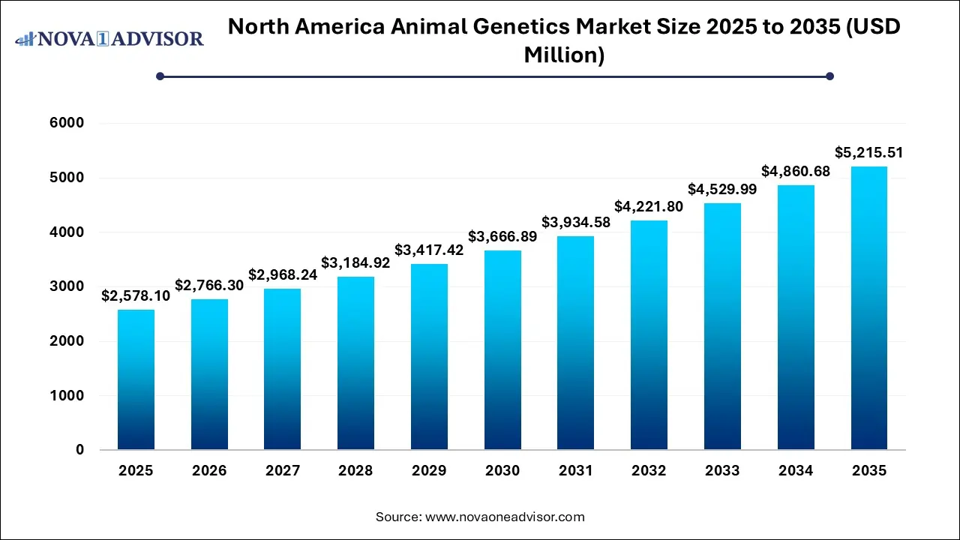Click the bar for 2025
pyautogui.click(x=136, y=379)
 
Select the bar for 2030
pyautogui.click(x=502, y=350)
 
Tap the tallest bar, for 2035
pyautogui.click(x=868, y=308)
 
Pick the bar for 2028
pyautogui.click(x=355, y=363)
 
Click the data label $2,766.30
pyautogui.click(x=209, y=285)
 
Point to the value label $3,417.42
pyautogui.click(x=429, y=250)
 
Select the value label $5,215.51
pyautogui.click(x=868, y=152)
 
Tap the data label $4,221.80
pyautogui.click(x=649, y=206)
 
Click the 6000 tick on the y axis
pyautogui.click(x=69, y=123)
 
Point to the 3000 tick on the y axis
pyautogui.click(x=69, y=286)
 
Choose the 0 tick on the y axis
pyautogui.click(x=79, y=450)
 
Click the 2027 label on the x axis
pyautogui.click(x=282, y=471)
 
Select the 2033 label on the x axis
pyautogui.click(x=722, y=471)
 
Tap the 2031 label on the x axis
pyautogui.click(x=575, y=471)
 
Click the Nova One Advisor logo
pyautogui.click(x=109, y=37)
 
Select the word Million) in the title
pyautogui.click(x=565, y=54)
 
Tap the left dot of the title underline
pyautogui.click(x=160, y=76)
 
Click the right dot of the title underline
pyautogui.click(x=829, y=76)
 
